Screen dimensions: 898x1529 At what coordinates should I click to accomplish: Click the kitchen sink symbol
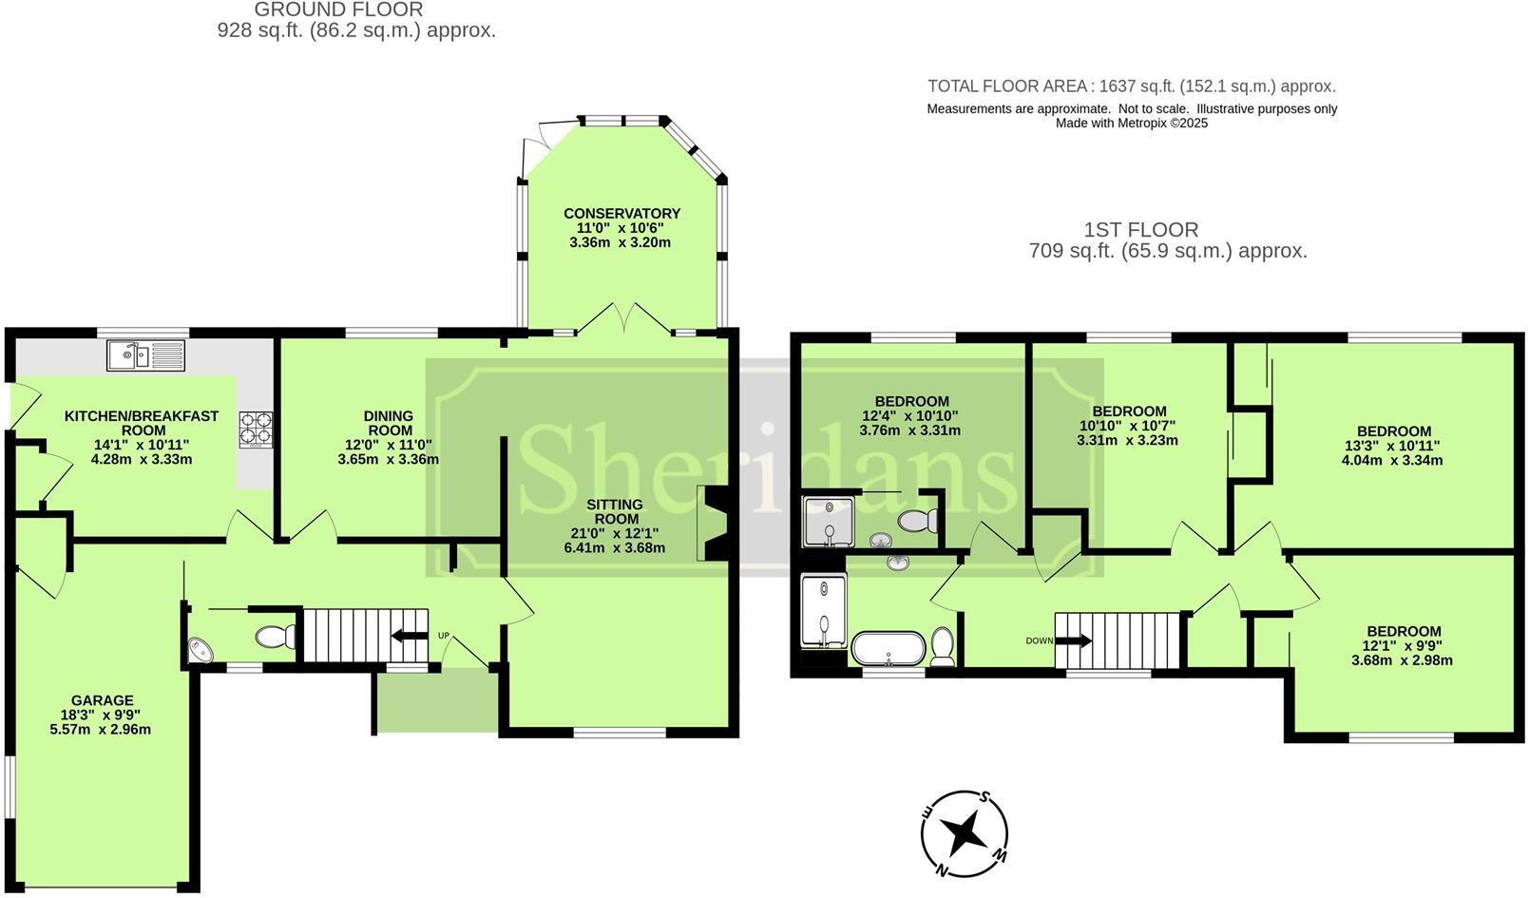pos(146,356)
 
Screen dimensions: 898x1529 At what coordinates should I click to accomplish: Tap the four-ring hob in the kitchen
pos(256,428)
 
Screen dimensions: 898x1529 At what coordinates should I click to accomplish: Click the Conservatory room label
pos(621,214)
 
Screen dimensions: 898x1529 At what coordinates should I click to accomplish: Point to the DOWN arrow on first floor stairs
pos(1074,640)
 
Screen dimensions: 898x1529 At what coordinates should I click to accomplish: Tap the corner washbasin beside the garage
pos(201,650)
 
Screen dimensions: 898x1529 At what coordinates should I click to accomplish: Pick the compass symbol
pos(965,834)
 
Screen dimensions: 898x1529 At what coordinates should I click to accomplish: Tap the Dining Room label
pos(389,423)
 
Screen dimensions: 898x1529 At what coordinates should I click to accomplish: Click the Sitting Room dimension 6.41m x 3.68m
pos(614,547)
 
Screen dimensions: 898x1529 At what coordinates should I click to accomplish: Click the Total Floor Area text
pos(1131,86)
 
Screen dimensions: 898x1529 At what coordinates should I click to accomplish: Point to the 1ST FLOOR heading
pos(1140,230)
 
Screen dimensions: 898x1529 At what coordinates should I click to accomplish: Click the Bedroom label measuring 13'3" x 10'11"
pos(1393,431)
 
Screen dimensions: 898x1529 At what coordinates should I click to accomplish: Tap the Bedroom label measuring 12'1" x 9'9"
pos(1404,632)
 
